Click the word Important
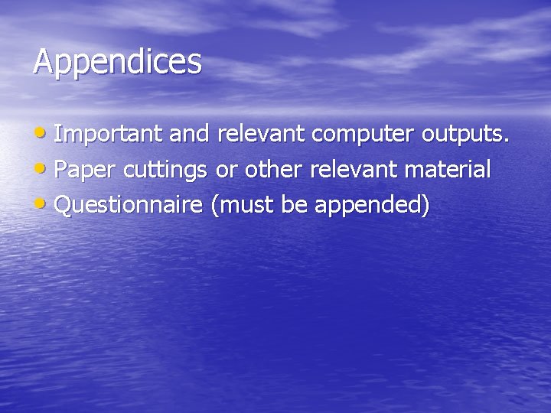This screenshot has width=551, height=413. click(109, 135)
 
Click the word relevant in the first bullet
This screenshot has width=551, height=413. click(262, 135)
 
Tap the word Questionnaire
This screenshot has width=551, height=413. click(129, 206)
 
